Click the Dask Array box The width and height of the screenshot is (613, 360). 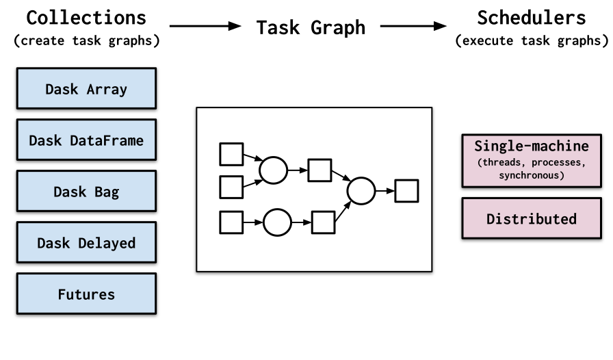click(x=86, y=88)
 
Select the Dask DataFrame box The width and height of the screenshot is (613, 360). click(x=86, y=140)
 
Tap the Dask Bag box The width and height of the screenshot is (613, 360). click(x=86, y=191)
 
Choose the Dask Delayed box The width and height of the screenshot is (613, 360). click(x=86, y=242)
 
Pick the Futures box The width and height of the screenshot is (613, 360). click(x=86, y=294)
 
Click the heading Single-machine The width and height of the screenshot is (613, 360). click(x=531, y=146)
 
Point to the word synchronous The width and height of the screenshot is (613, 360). click(x=532, y=175)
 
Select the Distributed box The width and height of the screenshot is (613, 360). click(x=531, y=219)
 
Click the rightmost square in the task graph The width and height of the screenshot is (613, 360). click(x=406, y=191)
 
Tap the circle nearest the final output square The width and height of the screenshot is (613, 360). click(x=361, y=191)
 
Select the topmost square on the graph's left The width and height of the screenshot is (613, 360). click(x=231, y=154)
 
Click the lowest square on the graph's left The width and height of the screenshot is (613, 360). click(x=231, y=222)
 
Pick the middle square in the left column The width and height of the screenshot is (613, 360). click(x=231, y=186)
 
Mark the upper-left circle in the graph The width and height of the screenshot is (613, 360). click(x=273, y=170)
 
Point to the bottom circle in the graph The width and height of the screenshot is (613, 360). click(x=277, y=222)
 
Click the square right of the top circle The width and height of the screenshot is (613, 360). click(x=319, y=170)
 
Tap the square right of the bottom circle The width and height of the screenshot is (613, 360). click(x=323, y=222)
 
